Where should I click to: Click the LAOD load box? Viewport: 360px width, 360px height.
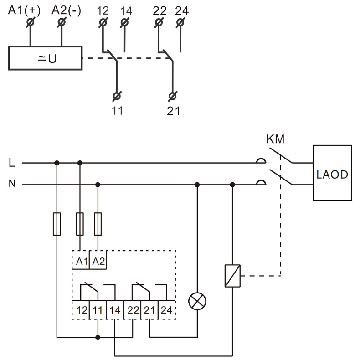332,173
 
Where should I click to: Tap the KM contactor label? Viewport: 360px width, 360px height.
275,139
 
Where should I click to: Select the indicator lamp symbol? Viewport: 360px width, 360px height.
197,301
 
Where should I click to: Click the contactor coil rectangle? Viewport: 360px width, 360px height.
232,276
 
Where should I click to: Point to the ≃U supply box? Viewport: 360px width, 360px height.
45,58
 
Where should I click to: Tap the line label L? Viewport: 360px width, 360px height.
11,162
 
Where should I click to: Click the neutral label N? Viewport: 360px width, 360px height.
11,184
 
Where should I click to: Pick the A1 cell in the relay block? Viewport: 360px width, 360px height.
82,262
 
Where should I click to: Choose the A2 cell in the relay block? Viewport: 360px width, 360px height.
98,262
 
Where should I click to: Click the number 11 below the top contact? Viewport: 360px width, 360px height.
117,110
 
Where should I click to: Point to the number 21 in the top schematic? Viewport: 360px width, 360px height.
173,110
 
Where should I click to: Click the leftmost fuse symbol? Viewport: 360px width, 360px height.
57,224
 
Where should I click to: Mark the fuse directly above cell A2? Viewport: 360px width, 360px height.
98,224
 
